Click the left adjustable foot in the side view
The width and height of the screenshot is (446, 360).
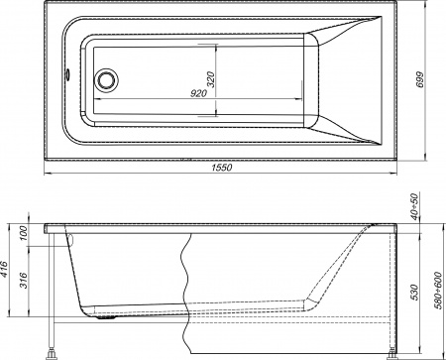pos(50,348)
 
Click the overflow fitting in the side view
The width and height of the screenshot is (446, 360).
pos(69,238)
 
